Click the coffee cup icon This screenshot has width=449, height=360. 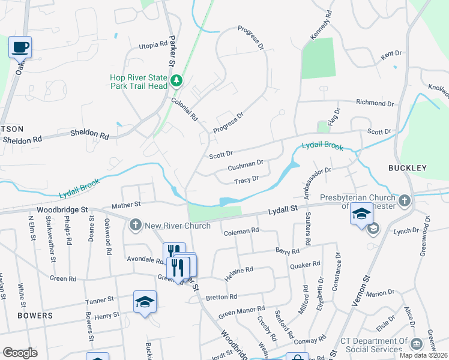[x=20, y=47]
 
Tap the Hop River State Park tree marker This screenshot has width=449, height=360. [x=176, y=80]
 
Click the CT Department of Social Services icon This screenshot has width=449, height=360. [x=415, y=343]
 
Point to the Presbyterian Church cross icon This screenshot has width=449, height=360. [x=404, y=200]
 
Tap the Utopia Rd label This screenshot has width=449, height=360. [x=152, y=45]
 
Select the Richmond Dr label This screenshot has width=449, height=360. [x=375, y=103]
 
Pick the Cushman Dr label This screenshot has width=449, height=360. [x=246, y=163]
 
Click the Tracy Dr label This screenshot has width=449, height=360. [x=246, y=179]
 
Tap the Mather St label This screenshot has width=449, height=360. [x=126, y=205]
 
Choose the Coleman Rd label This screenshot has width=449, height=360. [x=241, y=230]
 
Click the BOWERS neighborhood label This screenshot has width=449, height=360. [x=35, y=316]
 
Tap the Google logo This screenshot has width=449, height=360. [x=20, y=353]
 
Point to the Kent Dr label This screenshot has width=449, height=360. [x=390, y=54]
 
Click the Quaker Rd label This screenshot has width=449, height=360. [x=305, y=265]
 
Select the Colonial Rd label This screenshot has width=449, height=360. [x=184, y=110]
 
